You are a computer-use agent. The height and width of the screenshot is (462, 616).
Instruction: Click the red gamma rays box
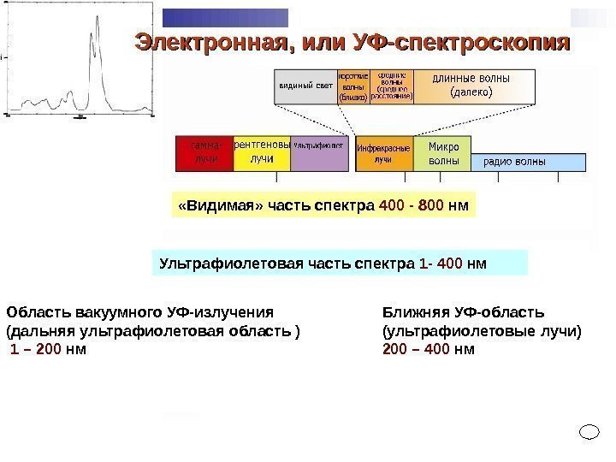(204, 152)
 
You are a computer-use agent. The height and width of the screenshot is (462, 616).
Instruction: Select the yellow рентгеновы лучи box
(262, 152)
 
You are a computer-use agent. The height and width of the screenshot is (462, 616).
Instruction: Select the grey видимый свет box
(305, 86)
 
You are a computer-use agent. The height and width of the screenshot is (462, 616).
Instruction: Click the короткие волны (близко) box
(352, 86)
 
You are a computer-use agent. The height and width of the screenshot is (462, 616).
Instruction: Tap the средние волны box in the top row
(392, 86)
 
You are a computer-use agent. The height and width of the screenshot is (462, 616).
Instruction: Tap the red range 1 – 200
(36, 349)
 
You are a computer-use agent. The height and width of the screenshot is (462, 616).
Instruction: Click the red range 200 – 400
(417, 349)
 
